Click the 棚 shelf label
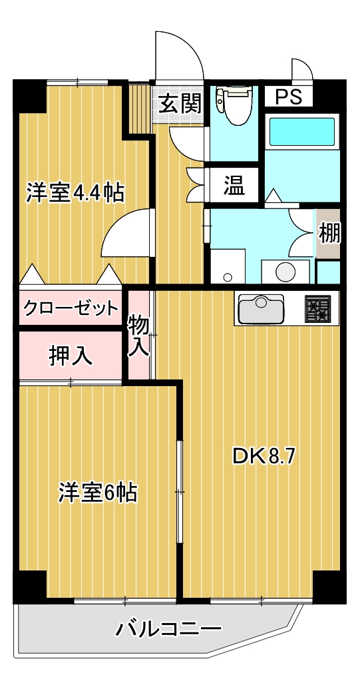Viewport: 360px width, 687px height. point(329,234)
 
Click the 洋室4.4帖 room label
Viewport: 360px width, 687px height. point(75,192)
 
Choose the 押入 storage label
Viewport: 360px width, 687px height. point(71,355)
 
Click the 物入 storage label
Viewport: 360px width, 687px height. point(138,336)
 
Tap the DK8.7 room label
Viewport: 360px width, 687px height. point(262,456)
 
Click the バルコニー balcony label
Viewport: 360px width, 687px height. point(168,629)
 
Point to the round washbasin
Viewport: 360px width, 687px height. point(285,272)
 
